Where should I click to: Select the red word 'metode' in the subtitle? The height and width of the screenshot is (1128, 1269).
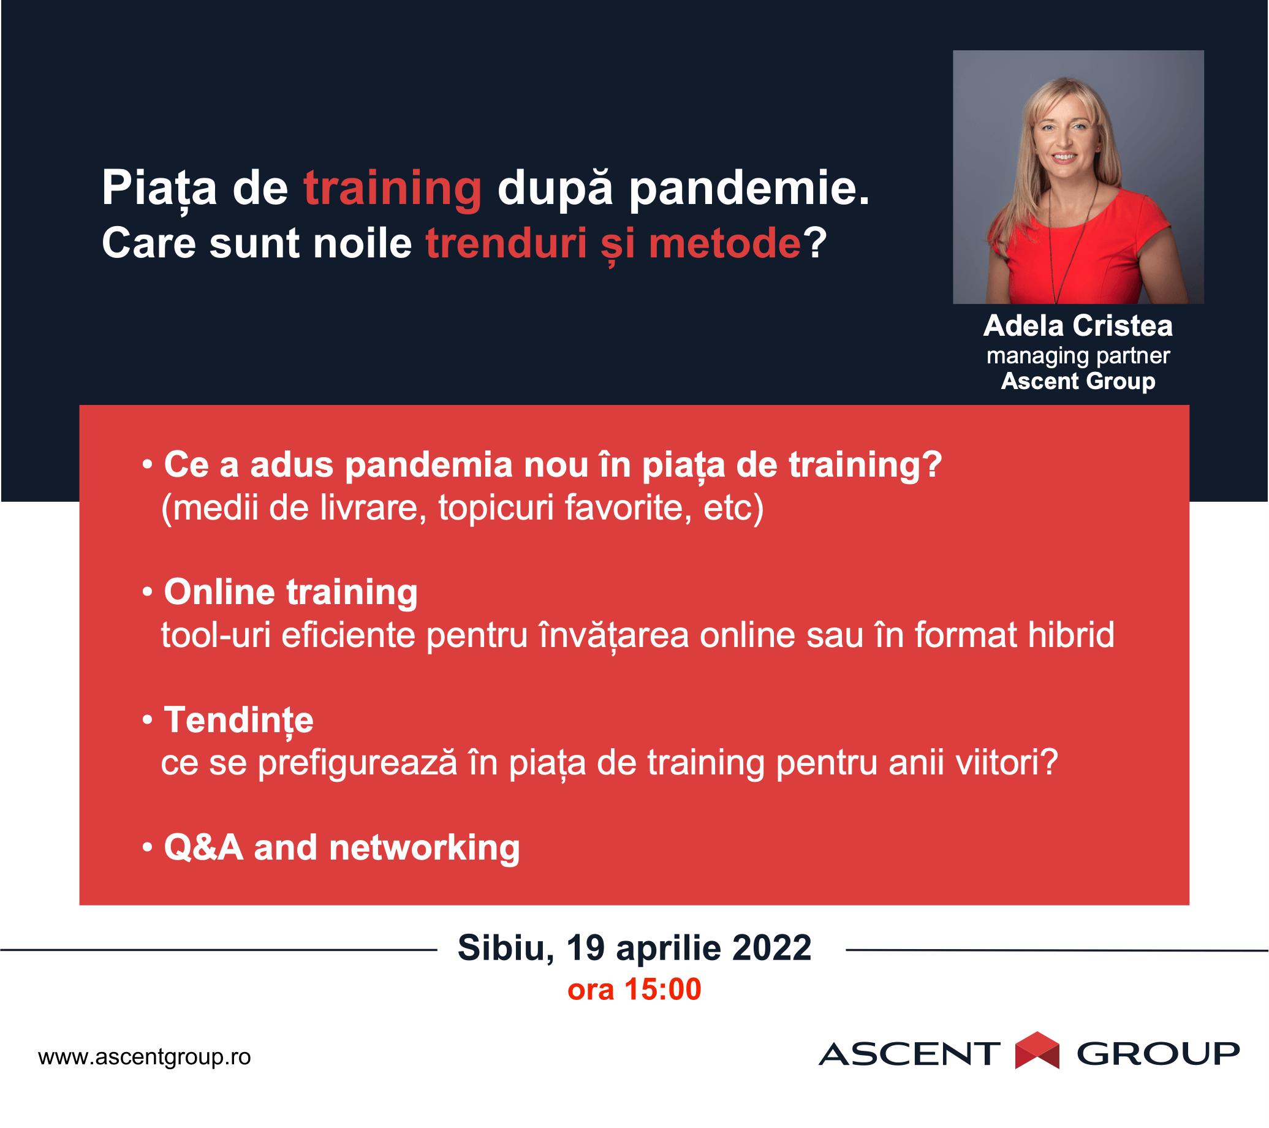click(x=724, y=243)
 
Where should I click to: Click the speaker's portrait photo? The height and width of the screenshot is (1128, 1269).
click(x=1078, y=177)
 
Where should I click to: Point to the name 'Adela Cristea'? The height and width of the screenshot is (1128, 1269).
click(x=1078, y=326)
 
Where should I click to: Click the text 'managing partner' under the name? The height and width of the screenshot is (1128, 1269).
click(x=1078, y=356)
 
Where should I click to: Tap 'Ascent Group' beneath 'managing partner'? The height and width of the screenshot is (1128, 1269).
click(x=1078, y=380)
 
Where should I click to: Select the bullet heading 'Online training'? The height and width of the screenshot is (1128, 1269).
click(x=290, y=592)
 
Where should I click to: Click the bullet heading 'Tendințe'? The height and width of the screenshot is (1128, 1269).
click(x=238, y=721)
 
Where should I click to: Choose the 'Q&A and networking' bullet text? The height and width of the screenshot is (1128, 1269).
click(x=341, y=847)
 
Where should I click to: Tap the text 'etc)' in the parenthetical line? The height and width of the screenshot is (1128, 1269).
click(x=733, y=508)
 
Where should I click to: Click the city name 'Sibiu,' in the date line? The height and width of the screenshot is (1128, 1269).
click(x=506, y=948)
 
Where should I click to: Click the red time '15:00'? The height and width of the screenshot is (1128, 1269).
click(x=662, y=989)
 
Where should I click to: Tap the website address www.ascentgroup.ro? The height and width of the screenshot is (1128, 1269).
click(x=145, y=1056)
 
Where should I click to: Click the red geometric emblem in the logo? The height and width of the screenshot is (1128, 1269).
click(x=1037, y=1050)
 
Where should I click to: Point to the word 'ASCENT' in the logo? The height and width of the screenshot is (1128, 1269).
click(x=909, y=1053)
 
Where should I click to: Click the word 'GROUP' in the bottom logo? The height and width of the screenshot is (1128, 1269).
click(x=1158, y=1053)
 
